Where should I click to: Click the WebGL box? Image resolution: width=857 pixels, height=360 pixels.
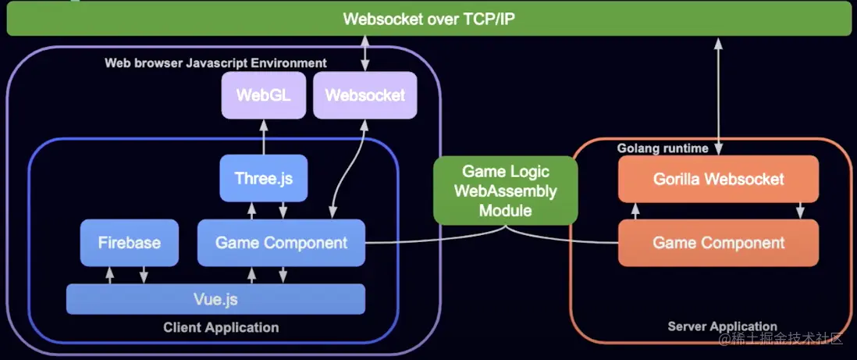coord(264,95)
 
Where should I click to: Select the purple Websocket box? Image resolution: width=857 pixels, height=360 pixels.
coord(365,95)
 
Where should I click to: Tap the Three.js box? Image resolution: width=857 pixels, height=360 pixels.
coord(264,178)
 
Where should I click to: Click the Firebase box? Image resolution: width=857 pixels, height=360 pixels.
coord(130,243)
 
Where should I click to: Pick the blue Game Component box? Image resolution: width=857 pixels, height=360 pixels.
coord(281,243)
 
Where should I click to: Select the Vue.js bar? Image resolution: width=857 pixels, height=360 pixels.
coord(216,299)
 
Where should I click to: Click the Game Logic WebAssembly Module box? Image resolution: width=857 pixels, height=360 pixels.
coord(506,191)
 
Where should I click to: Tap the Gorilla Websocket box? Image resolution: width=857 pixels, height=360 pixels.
coord(718,179)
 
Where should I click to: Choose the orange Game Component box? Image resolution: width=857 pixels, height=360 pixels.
coord(718,243)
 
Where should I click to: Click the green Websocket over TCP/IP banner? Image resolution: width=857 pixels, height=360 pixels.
coord(428,19)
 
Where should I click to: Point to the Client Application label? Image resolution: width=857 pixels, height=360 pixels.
coord(221,328)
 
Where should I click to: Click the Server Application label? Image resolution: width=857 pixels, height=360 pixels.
coord(723,326)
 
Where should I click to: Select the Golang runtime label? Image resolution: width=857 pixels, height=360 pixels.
coord(663,148)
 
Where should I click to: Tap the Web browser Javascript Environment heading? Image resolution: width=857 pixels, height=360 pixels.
coord(216,63)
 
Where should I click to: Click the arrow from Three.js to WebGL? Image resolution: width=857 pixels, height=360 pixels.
coord(264,137)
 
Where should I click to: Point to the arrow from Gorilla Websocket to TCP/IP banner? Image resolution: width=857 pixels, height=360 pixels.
coord(718,96)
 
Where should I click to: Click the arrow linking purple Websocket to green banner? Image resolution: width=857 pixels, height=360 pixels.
coord(365,54)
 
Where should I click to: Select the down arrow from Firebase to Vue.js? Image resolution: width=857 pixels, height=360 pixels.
coord(144,275)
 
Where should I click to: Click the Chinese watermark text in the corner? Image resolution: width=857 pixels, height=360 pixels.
coord(781,340)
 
